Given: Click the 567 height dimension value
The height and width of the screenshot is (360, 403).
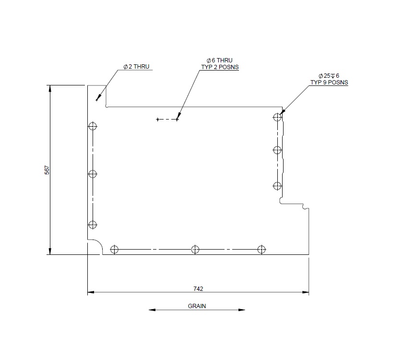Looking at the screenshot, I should pyautogui.click(x=47, y=170).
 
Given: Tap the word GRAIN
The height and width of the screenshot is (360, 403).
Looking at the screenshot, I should pyautogui.click(x=197, y=306).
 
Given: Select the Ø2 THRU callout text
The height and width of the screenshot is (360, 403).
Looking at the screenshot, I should pyautogui.click(x=136, y=67).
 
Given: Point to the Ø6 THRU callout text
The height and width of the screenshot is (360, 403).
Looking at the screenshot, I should pyautogui.click(x=219, y=61).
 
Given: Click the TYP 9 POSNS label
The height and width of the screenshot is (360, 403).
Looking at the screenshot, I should pyautogui.click(x=329, y=83).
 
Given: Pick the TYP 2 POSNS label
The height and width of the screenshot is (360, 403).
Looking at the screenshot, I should pyautogui.click(x=220, y=67).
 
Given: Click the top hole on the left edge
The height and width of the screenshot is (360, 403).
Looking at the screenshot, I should pyautogui.click(x=93, y=127).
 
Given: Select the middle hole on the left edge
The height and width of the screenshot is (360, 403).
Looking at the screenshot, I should pyautogui.click(x=93, y=174).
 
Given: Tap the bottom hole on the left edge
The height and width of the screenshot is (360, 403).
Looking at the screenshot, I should pyautogui.click(x=93, y=225).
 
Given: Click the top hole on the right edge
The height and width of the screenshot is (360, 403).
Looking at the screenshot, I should pyautogui.click(x=277, y=117).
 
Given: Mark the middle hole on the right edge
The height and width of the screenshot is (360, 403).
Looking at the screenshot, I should pyautogui.click(x=277, y=150).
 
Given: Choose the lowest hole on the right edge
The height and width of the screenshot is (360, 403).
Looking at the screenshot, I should pyautogui.click(x=277, y=186).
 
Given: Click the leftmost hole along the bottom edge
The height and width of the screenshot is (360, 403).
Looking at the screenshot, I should pyautogui.click(x=114, y=249).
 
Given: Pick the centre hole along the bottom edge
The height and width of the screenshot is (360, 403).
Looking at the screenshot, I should pyautogui.click(x=195, y=249).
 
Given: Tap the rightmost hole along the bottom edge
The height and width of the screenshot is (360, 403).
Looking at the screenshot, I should pyautogui.click(x=261, y=249).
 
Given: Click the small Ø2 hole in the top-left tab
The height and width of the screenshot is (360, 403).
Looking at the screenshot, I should pyautogui.click(x=97, y=100).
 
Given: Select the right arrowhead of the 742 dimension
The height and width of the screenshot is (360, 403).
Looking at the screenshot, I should pyautogui.click(x=306, y=292).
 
